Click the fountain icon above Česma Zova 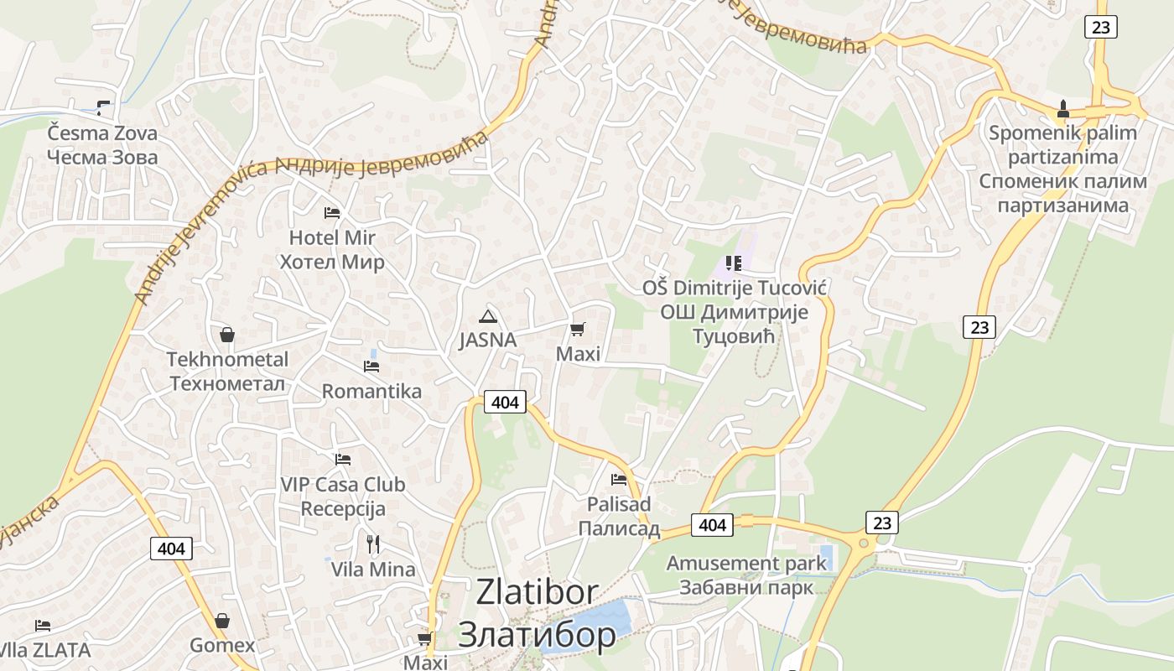click(102, 107)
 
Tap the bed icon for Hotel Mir click(332, 213)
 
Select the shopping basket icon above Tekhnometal click(226, 335)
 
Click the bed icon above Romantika click(371, 367)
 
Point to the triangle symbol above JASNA click(487, 316)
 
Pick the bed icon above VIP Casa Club click(342, 460)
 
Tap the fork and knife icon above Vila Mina click(373, 544)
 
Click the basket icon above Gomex click(222, 621)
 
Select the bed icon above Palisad click(619, 480)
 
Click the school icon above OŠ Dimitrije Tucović click(734, 264)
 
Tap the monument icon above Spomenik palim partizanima click(1063, 109)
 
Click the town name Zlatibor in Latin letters click(537, 592)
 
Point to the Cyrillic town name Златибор click(537, 635)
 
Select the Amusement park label click(746, 563)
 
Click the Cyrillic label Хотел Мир click(332, 263)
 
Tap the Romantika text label click(371, 392)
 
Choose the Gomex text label click(222, 646)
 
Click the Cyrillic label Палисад click(619, 529)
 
